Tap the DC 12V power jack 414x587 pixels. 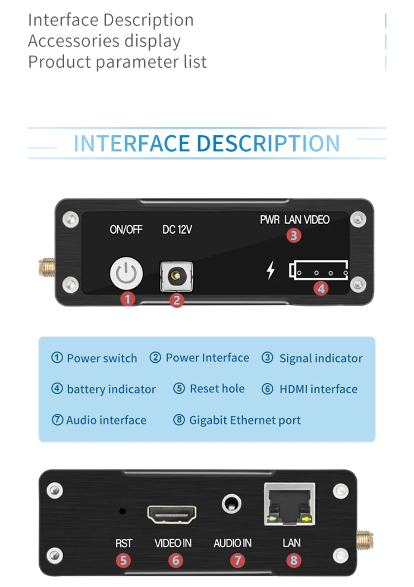(176, 276)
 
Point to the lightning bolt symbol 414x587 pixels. (270, 270)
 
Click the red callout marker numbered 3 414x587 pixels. (294, 235)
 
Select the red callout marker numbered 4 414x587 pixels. (321, 289)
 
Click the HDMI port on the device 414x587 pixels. (172, 514)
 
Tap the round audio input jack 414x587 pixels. (232, 504)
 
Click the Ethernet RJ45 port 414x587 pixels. (289, 504)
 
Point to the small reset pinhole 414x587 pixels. (122, 511)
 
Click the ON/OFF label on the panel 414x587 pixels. (126, 229)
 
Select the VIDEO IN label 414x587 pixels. (173, 543)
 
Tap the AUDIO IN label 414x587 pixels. (232, 543)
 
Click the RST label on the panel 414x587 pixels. (124, 543)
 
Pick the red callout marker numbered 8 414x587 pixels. (294, 560)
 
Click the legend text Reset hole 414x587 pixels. (217, 389)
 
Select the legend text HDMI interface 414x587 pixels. (318, 389)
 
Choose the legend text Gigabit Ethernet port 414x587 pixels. (245, 420)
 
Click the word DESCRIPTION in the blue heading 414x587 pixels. (268, 144)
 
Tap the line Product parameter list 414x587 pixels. (117, 62)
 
